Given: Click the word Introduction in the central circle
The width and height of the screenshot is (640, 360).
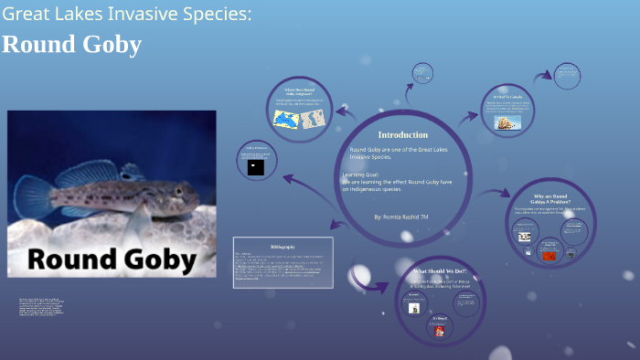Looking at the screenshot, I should click(x=403, y=134).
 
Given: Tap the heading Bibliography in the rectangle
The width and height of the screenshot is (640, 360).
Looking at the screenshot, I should click(x=283, y=247).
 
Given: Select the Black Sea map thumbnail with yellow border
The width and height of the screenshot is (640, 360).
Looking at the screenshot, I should click(x=285, y=119).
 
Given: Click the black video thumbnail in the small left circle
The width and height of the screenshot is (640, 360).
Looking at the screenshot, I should click(x=256, y=167).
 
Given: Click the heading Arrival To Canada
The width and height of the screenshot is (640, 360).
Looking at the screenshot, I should click(x=507, y=96).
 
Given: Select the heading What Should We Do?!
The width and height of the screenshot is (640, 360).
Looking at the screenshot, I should click(x=440, y=272).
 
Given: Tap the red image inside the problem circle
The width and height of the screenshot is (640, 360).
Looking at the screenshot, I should click(x=549, y=256).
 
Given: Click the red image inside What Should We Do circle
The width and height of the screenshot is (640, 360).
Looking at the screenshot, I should click(x=439, y=331).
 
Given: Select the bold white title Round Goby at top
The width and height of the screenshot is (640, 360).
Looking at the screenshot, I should click(x=71, y=45).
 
